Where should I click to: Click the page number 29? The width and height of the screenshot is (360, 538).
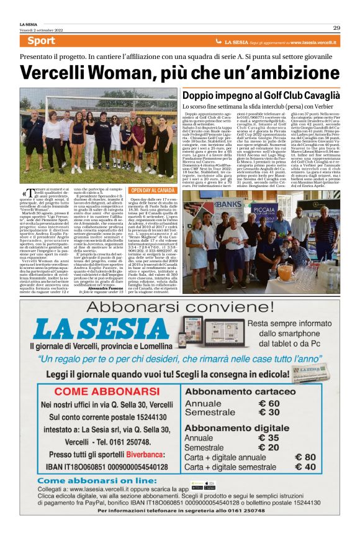pos(336,27)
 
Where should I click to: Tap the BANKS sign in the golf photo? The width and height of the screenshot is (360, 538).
pos(228,204)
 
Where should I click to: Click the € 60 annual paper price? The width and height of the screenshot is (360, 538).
pos(268,403)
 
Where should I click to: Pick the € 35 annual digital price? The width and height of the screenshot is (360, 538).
pos(268,437)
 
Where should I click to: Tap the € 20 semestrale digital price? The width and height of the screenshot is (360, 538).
pos(268,447)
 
